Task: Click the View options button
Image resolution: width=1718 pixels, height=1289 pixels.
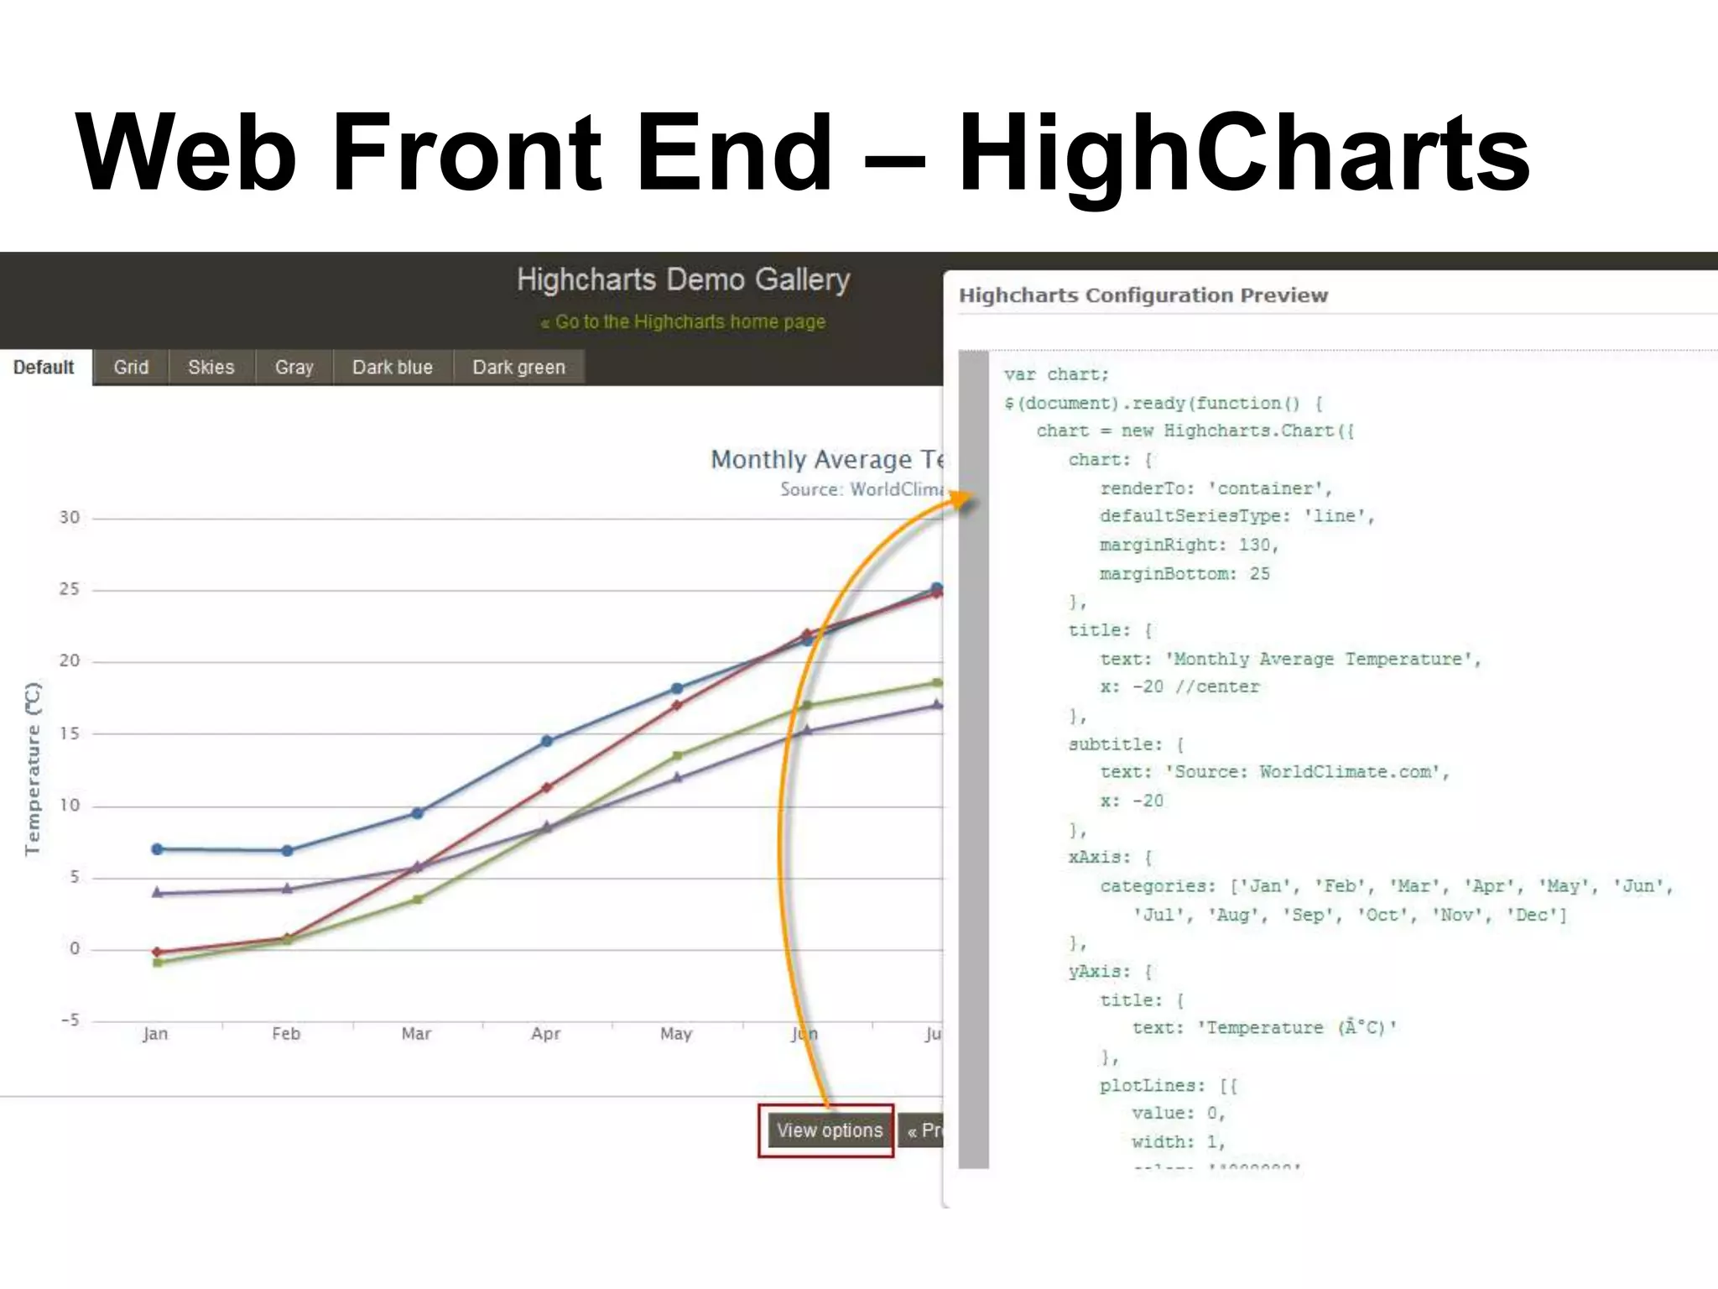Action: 828,1130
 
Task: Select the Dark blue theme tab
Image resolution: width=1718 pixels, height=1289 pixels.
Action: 392,368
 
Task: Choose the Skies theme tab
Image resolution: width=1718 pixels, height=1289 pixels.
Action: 211,368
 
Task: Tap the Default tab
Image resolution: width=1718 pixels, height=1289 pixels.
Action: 44,368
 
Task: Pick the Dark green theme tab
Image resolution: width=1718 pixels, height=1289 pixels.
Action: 518,368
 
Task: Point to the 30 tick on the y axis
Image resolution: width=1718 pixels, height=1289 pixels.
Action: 70,518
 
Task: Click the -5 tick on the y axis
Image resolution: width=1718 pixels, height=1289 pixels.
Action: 70,1020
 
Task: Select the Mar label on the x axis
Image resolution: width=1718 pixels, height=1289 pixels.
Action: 416,1034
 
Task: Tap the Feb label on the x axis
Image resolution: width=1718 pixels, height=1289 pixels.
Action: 286,1034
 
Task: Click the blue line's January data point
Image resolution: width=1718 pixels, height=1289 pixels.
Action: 157,849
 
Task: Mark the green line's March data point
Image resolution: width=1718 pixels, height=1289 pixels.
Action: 417,900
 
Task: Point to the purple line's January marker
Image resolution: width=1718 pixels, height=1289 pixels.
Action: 157,892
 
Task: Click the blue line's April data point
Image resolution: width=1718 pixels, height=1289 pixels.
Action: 547,741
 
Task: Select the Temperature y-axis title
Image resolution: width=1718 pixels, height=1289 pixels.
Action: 33,769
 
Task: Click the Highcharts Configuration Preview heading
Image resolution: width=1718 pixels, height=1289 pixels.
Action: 1143,295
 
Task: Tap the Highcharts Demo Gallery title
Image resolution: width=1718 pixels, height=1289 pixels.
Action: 683,279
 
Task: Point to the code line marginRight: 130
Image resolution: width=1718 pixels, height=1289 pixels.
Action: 1188,545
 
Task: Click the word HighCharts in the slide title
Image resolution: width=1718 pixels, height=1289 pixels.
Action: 1244,153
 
